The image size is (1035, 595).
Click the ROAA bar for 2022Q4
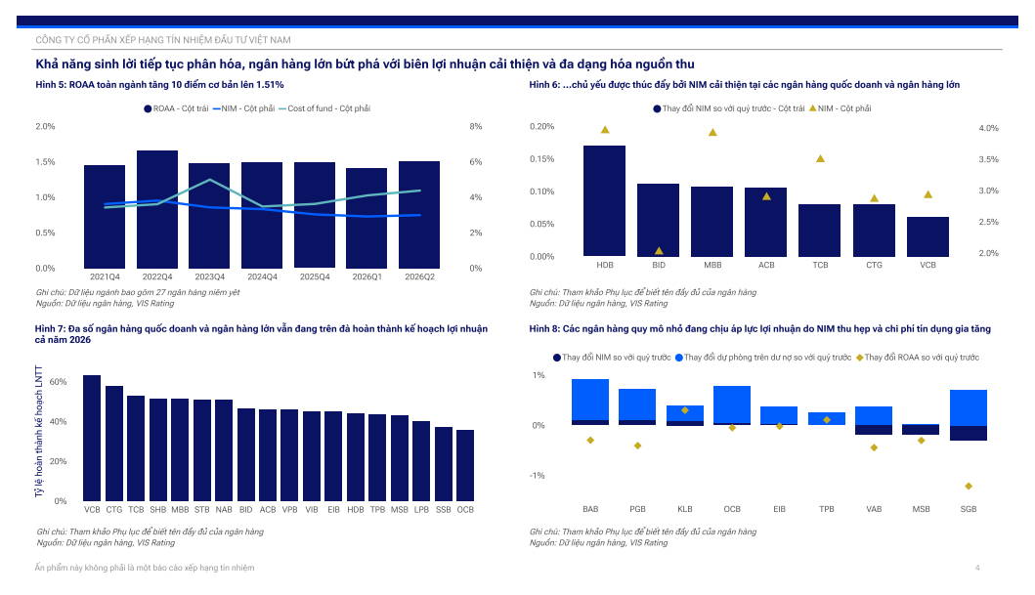click(157, 209)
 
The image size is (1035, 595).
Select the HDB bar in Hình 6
click(605, 200)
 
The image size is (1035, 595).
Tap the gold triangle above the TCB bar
click(821, 158)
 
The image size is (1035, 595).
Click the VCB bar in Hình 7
click(92, 438)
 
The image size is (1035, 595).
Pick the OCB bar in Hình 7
click(465, 466)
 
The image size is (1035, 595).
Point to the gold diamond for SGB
click(969, 487)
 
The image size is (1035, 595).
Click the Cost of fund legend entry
click(324, 108)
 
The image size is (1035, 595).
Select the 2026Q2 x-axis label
click(420, 277)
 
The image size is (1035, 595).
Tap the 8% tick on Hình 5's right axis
click(476, 127)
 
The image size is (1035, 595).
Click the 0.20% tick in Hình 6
click(541, 127)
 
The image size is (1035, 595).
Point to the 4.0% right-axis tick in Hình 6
click(988, 128)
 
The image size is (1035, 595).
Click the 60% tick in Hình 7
click(58, 382)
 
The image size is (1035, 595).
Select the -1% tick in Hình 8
click(538, 476)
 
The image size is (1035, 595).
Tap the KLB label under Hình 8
click(685, 509)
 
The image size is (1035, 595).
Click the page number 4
click(977, 568)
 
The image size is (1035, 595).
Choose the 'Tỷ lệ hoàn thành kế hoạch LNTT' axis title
click(39, 432)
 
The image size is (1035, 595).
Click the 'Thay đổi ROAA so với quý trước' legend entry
click(918, 358)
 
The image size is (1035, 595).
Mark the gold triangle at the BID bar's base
click(659, 251)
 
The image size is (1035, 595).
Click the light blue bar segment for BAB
click(590, 400)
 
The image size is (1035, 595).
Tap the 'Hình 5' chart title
click(159, 84)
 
